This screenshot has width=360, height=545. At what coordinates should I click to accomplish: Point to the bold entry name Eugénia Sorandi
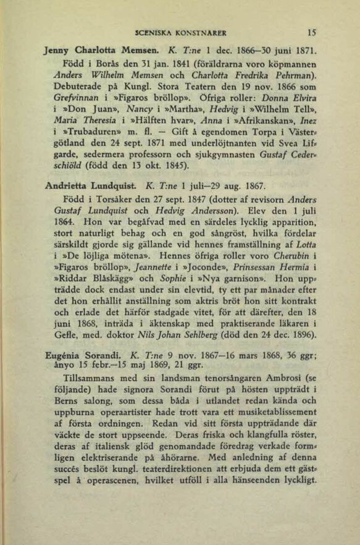83,357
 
